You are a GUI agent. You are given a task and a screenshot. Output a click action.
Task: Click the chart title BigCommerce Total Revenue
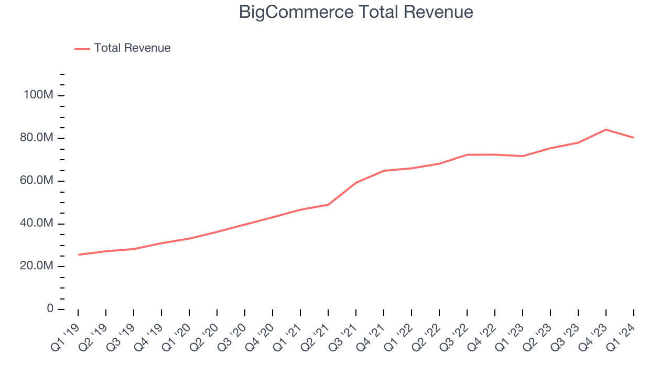click(x=356, y=12)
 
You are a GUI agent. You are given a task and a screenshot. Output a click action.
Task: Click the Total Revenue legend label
click(x=132, y=48)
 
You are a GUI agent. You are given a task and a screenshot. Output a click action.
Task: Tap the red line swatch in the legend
click(x=82, y=49)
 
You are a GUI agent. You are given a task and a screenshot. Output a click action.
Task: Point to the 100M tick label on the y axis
click(x=37, y=95)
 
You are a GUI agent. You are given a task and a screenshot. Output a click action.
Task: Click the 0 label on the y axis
click(x=50, y=309)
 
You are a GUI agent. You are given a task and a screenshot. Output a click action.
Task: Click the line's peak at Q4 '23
click(x=606, y=129)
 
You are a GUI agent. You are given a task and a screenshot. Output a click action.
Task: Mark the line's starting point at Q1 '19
click(x=78, y=254)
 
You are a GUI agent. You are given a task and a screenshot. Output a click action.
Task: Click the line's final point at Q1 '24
click(x=634, y=138)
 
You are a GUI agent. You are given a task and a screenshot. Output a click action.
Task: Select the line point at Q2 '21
click(x=328, y=204)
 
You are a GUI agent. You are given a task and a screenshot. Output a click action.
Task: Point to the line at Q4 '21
click(x=384, y=171)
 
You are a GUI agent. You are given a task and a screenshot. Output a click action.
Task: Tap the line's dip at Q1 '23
click(x=523, y=156)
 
